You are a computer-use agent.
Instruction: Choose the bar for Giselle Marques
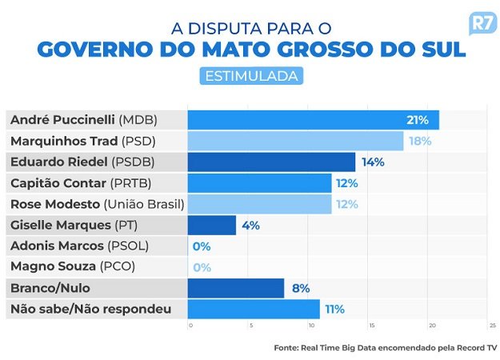[x=211, y=225]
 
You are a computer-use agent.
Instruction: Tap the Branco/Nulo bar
[x=235, y=288]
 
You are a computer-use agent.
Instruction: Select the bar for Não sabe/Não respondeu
[x=253, y=309]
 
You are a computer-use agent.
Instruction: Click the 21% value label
[x=418, y=120]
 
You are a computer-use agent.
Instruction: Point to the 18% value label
[x=420, y=141]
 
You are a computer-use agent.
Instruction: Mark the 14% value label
[x=373, y=162]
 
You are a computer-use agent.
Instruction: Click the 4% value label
[x=250, y=225]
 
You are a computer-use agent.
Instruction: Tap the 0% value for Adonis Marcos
[x=201, y=246]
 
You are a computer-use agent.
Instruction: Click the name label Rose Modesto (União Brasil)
[x=96, y=204]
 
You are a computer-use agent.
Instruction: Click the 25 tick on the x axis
[x=491, y=326]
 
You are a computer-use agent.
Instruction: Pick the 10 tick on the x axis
[x=311, y=326]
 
